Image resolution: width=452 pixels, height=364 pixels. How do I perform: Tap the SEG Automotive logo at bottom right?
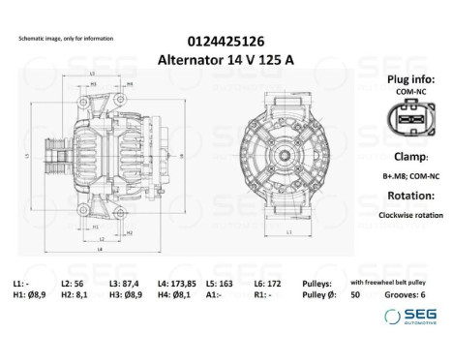click(x=408, y=317)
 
